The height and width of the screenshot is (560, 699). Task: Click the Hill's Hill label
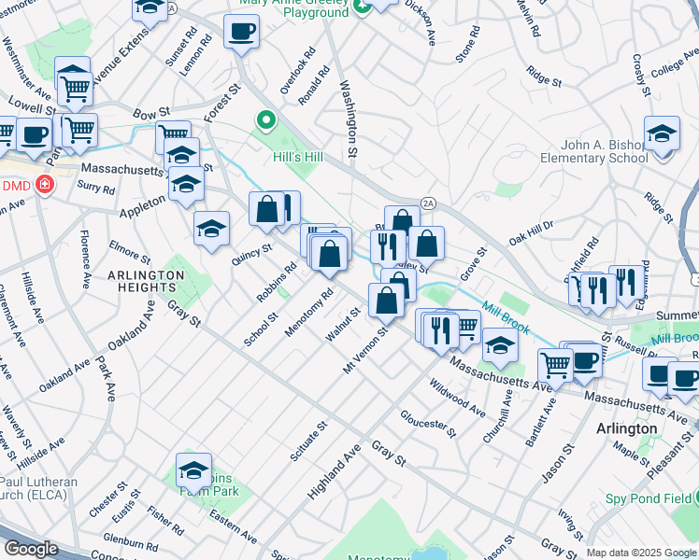tap(297, 157)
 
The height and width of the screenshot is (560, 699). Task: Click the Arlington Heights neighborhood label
tap(146, 281)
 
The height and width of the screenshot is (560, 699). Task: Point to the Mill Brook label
tap(506, 317)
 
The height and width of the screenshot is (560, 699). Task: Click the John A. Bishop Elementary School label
tap(593, 151)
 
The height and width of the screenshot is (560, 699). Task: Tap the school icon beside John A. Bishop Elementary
tap(661, 134)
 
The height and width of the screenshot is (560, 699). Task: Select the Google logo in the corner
tap(30, 549)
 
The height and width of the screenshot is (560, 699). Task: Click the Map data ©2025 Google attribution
tap(640, 553)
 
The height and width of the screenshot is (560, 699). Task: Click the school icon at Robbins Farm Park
tap(193, 469)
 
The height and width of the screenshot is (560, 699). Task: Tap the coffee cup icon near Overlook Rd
tap(241, 33)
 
